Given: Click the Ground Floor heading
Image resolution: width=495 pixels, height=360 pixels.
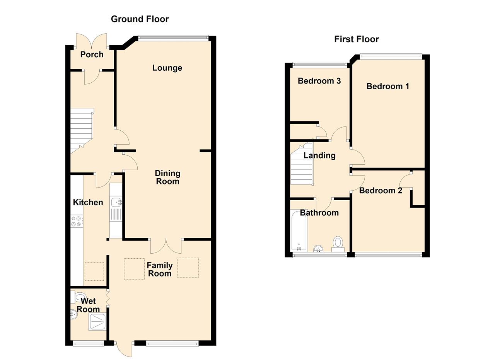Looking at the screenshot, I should point(140,19).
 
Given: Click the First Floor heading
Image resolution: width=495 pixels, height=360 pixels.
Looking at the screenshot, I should point(356,39).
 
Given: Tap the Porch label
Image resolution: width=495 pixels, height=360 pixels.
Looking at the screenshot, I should point(92,55).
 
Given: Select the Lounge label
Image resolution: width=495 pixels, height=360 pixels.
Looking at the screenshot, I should point(167,68).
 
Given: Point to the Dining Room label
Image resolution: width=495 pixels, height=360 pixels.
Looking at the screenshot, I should point(167,177).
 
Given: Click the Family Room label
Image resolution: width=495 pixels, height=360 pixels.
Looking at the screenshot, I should point(160,270).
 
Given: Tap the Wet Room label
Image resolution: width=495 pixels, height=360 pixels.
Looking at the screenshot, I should point(88,305).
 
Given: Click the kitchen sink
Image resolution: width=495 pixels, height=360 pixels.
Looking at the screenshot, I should point(116,202).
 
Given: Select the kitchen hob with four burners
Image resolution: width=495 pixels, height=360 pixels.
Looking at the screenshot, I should point(76,221).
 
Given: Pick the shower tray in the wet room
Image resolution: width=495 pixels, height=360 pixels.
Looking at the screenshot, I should point(97,322).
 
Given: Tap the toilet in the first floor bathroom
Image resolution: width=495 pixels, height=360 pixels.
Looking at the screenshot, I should point(338,244).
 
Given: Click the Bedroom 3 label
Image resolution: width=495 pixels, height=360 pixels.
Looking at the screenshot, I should point(319,81).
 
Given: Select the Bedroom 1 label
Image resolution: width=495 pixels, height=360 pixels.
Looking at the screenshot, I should point(387,86).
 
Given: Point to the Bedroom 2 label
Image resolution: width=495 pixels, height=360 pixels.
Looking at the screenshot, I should point(381,191).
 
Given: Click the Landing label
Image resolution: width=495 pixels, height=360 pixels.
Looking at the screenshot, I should point(319,155).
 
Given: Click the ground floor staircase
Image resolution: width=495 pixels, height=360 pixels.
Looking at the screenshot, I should point(82,130).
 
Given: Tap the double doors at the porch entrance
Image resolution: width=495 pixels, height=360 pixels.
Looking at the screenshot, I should point(92,41).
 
